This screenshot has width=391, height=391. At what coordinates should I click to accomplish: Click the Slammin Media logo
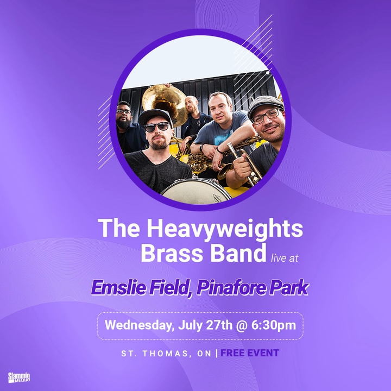pos(19,377)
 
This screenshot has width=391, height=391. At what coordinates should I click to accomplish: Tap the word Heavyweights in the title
pos(225,229)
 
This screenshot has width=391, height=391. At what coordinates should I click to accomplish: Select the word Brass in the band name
pos(174,253)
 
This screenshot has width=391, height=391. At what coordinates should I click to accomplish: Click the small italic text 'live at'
pos(285,258)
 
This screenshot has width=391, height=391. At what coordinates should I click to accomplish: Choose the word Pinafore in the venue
pos(229,288)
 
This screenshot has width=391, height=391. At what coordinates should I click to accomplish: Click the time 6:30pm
pos(274,325)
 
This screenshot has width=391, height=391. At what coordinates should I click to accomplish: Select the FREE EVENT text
pos(250,353)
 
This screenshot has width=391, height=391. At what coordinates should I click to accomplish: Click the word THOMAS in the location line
pos(165,354)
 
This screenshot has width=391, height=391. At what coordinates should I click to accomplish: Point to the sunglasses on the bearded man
pos(157,127)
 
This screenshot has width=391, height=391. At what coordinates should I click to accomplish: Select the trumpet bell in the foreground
pos(225,171)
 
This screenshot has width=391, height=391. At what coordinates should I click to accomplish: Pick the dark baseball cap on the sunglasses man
pos(155,117)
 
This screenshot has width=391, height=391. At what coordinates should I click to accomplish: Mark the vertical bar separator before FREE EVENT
pos(217,353)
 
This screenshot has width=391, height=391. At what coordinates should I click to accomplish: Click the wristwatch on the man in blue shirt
pos(201,148)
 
